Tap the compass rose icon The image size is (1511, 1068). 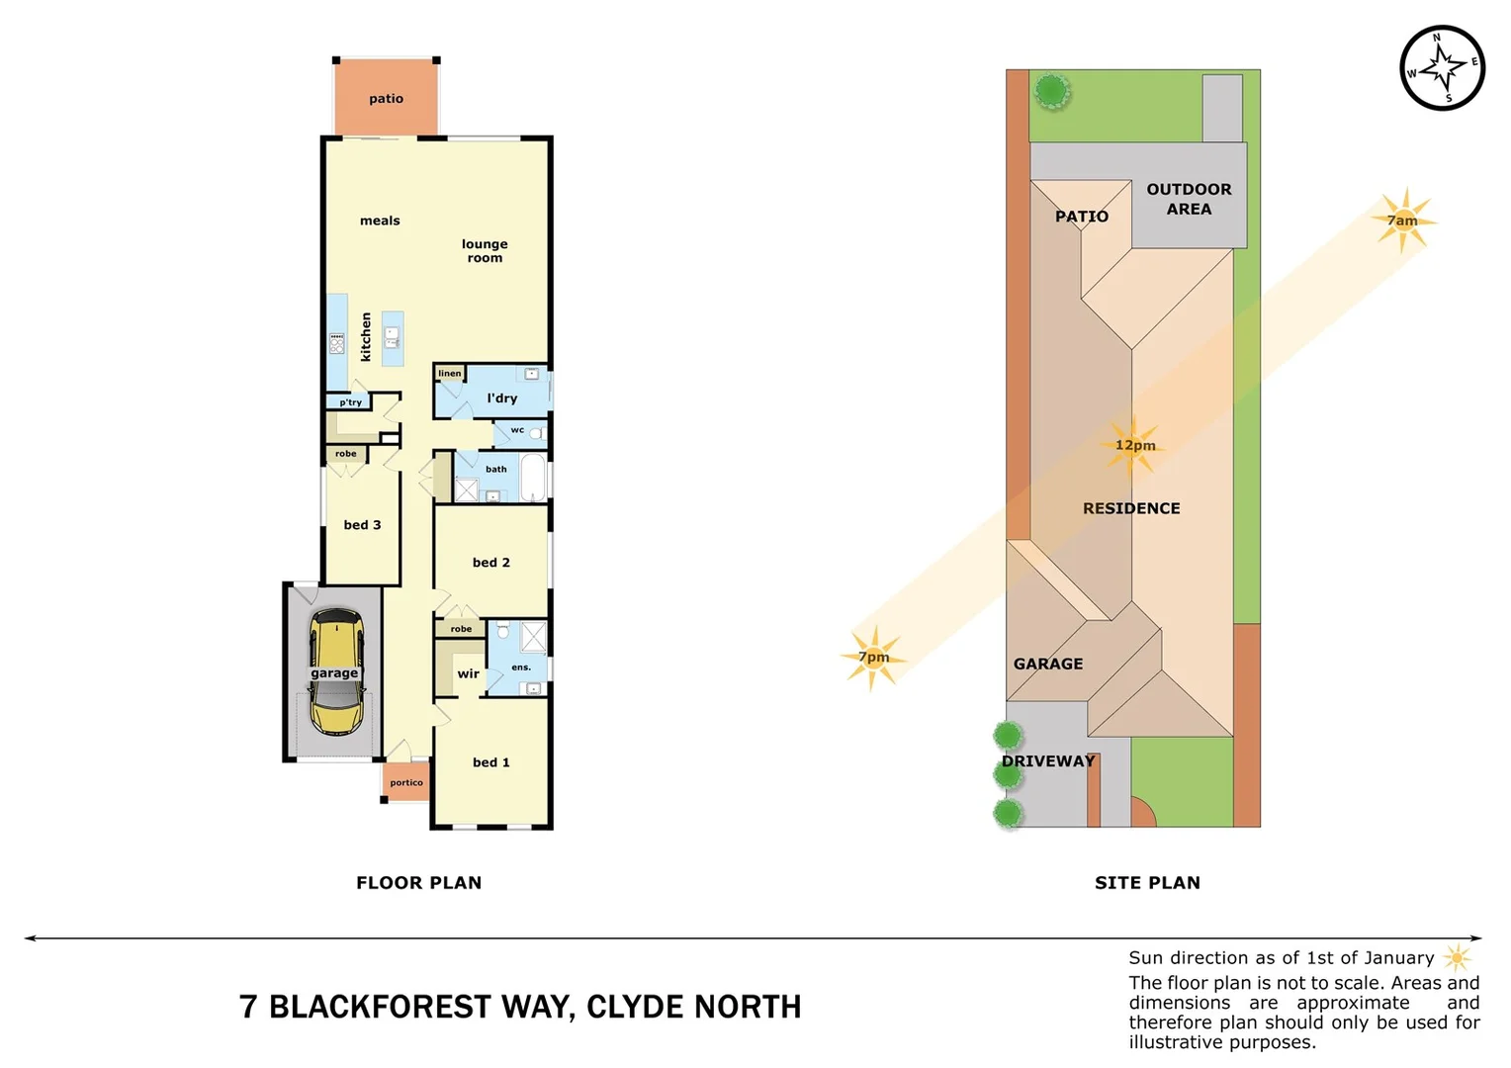tap(1443, 67)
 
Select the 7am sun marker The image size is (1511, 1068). tap(1402, 220)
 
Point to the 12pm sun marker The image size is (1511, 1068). tap(1133, 445)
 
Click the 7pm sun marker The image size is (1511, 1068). tap(872, 657)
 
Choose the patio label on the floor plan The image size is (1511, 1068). tap(386, 99)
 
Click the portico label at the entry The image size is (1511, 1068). tap(406, 782)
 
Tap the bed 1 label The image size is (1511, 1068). tap(491, 762)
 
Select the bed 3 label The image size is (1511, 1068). tap(362, 525)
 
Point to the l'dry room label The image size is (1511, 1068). tap(502, 399)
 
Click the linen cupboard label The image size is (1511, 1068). tap(450, 373)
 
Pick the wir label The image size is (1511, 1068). tap(468, 674)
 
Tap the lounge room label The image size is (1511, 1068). tap(485, 251)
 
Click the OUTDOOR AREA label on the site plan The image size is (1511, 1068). tap(1189, 199)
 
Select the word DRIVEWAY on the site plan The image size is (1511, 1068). tap(1048, 761)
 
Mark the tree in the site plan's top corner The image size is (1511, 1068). tap(1051, 92)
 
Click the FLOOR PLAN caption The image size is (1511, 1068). tap(419, 883)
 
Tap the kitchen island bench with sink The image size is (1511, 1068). tap(393, 339)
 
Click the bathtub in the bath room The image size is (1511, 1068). tap(533, 478)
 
